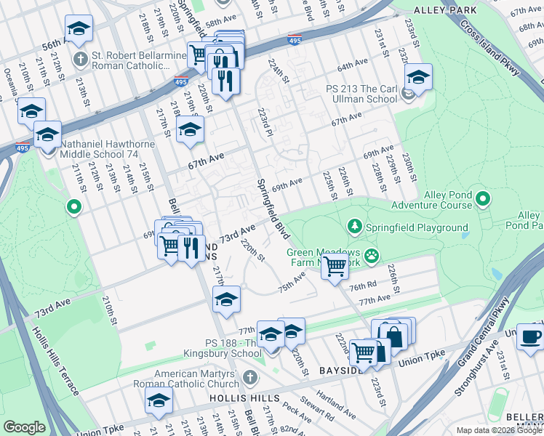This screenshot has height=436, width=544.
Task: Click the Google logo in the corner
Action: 25,427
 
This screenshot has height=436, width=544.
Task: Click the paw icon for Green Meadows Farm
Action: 372,254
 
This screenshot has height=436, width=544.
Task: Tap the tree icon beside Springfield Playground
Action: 355,227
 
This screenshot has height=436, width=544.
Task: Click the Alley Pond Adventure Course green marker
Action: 482,198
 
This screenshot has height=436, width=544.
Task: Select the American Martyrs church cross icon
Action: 249,376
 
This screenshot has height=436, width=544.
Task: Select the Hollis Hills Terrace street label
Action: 55,360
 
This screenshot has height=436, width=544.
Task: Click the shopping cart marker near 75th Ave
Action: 335,267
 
